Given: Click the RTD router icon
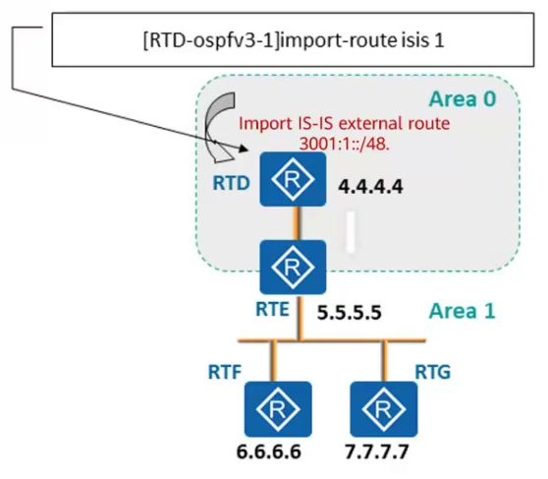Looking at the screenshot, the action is click(293, 179).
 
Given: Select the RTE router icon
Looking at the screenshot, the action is click(293, 268).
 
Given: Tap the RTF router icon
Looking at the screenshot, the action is click(278, 408).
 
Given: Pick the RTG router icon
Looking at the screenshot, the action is click(384, 408).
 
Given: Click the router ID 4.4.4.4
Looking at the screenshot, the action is click(370, 186).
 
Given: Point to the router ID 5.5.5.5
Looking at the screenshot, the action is click(350, 313).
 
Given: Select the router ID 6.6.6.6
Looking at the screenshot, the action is click(268, 451).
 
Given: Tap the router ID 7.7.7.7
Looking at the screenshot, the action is click(377, 451).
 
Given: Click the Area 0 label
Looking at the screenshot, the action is click(463, 99).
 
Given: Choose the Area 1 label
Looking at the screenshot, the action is click(462, 311).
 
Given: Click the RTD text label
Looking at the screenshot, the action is click(232, 183).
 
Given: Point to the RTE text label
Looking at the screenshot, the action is click(272, 309).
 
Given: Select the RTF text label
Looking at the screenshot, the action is click(225, 372).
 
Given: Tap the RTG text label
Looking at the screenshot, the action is click(433, 372).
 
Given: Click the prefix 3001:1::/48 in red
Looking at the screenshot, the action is click(345, 144).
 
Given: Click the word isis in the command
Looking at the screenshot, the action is click(414, 40).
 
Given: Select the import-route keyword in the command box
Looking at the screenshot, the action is click(338, 40).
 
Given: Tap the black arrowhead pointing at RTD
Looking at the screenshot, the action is click(244, 149).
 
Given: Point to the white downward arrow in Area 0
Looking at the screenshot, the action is click(351, 231).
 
